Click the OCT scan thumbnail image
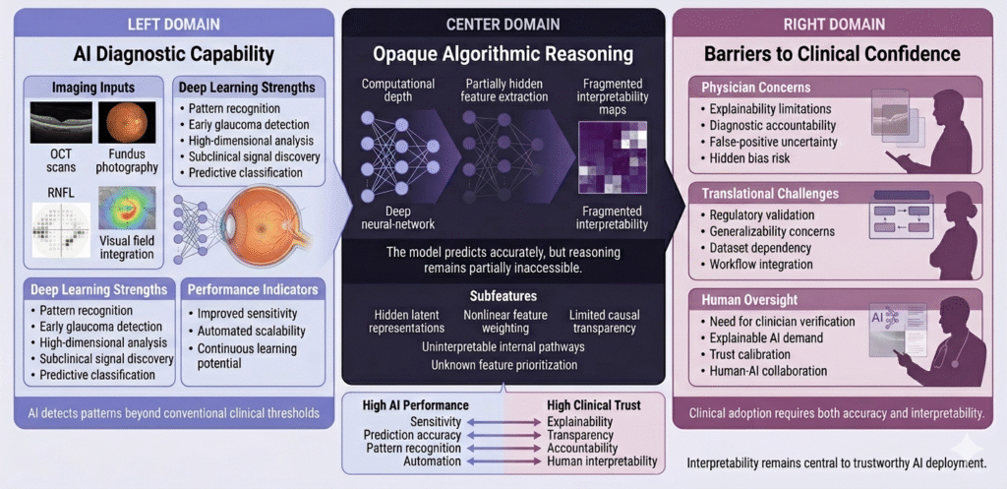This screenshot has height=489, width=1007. (61, 122)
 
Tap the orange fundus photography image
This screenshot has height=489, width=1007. (127, 122)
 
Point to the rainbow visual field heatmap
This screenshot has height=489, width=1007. (127, 209)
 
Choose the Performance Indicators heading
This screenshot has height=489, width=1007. (253, 290)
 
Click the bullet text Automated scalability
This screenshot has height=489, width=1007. (251, 332)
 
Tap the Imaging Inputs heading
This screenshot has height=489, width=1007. (93, 87)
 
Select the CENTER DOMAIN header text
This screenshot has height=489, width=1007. (503, 25)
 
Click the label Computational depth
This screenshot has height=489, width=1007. (398, 91)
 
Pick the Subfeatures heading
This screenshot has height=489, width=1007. (503, 297)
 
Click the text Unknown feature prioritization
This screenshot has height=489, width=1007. (504, 365)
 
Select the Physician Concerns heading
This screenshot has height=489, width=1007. (746, 88)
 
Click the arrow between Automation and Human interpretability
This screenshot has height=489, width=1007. (504, 461)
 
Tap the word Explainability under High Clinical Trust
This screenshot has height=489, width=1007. (579, 422)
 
